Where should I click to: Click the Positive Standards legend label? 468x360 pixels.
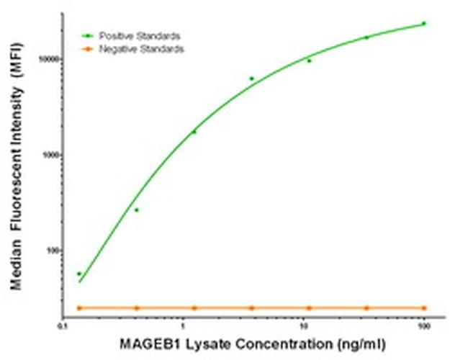point(140,35)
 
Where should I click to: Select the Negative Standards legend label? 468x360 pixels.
point(141,49)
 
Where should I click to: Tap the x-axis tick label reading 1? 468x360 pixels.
point(184,325)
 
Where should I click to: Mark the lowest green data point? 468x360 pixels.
point(79,274)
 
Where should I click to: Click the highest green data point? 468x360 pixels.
point(424,23)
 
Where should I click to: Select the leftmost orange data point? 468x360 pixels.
point(79,307)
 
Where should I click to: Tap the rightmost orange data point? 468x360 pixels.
point(424,307)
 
